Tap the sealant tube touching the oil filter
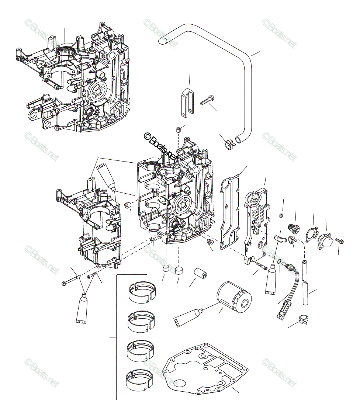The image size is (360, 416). click(188, 317)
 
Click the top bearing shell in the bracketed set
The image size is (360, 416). click(141, 291)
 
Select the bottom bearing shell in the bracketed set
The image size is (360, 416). click(139, 378)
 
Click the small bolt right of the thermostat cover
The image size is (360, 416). click(340, 242)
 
